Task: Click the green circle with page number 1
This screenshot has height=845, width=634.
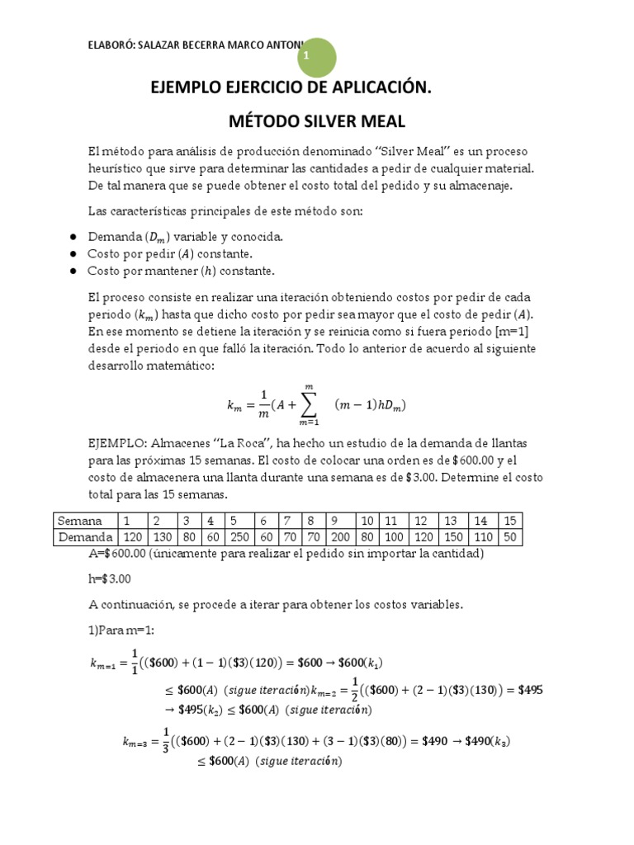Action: [x=307, y=55]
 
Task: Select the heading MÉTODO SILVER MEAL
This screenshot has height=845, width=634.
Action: [x=317, y=121]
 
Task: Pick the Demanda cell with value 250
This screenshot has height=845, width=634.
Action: [x=239, y=537]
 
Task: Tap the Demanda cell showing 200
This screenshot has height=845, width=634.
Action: [x=341, y=537]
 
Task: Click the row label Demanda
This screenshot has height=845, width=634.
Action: [x=84, y=537]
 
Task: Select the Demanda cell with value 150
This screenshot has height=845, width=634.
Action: [x=452, y=537]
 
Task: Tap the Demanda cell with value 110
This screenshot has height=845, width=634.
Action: [x=482, y=537]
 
